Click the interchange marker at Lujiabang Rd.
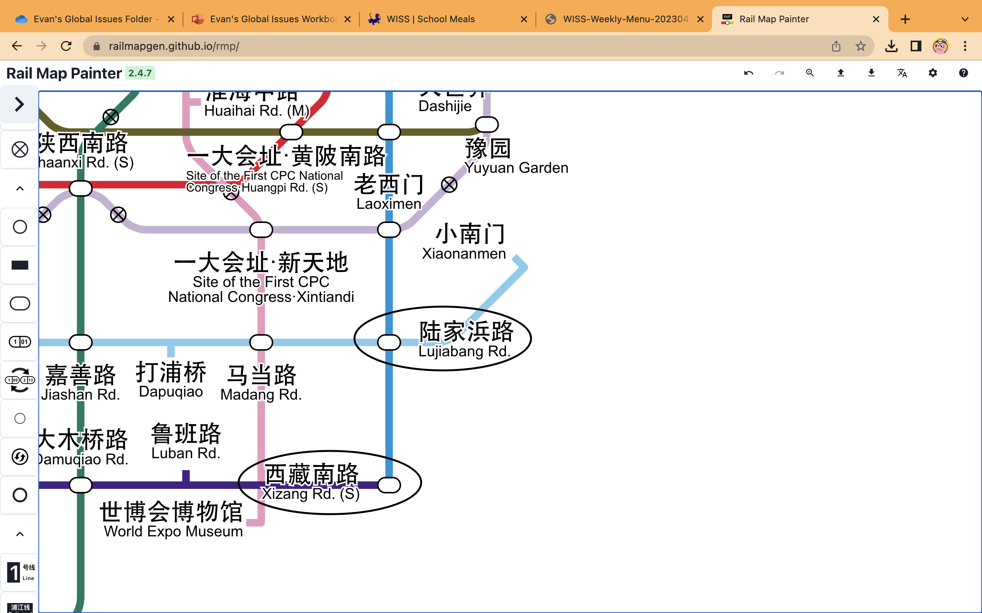pyautogui.click(x=389, y=342)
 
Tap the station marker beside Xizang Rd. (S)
pyautogui.click(x=389, y=485)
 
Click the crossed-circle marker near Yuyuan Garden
pyautogui.click(x=449, y=185)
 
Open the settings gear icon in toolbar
pyautogui.click(x=933, y=73)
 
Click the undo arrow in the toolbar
pyautogui.click(x=748, y=73)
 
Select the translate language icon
pyautogui.click(x=902, y=73)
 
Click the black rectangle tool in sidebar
pyautogui.click(x=20, y=265)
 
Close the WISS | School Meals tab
pyautogui.click(x=524, y=19)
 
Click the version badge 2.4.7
pyautogui.click(x=140, y=73)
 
